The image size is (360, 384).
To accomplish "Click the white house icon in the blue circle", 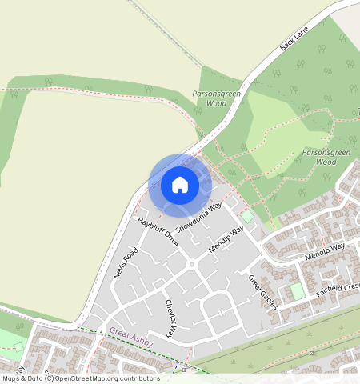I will click(180, 185).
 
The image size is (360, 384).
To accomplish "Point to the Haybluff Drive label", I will click(157, 230).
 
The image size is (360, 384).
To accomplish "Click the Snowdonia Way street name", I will click(199, 217).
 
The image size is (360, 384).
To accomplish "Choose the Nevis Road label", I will click(126, 262).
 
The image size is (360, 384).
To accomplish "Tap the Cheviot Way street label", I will click(170, 318).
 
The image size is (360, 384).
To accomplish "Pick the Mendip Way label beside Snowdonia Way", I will click(225, 238).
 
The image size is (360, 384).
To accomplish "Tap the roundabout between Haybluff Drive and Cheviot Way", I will click(191, 265).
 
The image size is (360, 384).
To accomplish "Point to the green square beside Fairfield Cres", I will click(298, 291).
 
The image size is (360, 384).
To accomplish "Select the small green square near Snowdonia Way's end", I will click(247, 216).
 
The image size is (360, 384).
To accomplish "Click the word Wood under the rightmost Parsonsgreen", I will click(326, 161).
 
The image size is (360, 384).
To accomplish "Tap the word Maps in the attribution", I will click(11, 378).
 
